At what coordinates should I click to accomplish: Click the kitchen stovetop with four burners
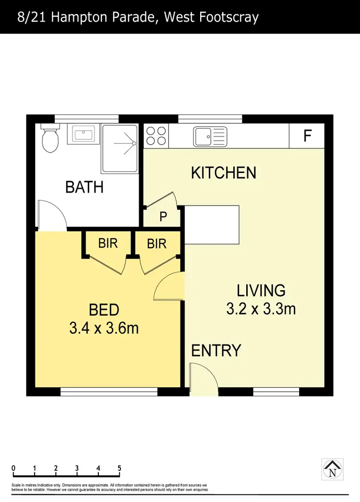[156, 135]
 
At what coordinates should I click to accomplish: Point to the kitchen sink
[209, 136]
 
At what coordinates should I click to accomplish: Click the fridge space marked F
[307, 136]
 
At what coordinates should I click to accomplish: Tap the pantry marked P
[163, 217]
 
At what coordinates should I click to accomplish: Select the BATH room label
[84, 187]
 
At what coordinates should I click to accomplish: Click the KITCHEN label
[223, 172]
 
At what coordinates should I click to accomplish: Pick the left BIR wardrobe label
[108, 243]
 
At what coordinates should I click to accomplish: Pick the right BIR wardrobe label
[156, 244]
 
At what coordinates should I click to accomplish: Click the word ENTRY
[216, 351]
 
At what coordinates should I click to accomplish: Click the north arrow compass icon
[332, 469]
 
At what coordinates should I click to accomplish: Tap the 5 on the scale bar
[119, 468]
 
